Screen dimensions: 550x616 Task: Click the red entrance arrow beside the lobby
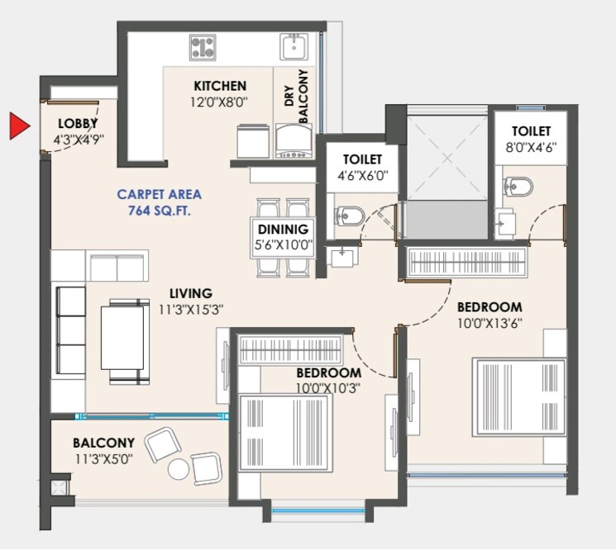point(19,126)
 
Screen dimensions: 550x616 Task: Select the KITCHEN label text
point(220,86)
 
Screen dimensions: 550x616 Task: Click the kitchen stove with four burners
point(203,46)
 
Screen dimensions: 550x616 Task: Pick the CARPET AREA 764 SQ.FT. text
point(159,202)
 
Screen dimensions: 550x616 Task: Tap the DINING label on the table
point(283,229)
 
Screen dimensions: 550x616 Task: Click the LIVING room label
point(191,293)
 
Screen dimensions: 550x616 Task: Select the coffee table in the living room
point(124,337)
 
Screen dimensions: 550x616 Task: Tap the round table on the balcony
point(179,469)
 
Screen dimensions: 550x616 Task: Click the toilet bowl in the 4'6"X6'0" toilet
point(349,217)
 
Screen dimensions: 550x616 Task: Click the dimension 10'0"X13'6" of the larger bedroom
point(489,322)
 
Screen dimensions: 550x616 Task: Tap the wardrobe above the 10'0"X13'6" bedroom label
point(467,262)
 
